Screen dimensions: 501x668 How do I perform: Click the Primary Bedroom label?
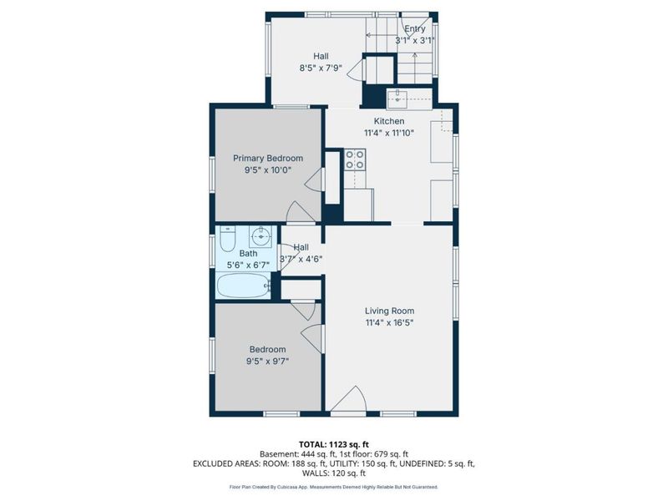(267, 158)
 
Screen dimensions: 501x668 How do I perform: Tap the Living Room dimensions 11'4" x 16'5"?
(389, 322)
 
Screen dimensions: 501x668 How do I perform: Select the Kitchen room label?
(389, 121)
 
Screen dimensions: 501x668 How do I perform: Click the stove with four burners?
(355, 159)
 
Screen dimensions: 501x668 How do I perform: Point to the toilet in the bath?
(227, 240)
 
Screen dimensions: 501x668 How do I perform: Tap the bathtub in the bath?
(243, 286)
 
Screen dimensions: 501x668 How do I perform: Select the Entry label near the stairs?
(415, 28)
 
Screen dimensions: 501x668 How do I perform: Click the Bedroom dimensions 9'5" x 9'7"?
(267, 362)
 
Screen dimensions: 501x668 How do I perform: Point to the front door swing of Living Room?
(348, 400)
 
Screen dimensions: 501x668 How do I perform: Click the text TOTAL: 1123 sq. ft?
(333, 443)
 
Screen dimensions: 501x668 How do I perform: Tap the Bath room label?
(248, 253)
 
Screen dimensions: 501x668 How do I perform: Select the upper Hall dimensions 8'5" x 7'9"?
(321, 68)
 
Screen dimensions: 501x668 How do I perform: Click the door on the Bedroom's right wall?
(311, 338)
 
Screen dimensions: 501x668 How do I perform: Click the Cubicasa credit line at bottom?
(333, 487)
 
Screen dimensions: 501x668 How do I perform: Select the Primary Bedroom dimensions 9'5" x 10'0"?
(267, 170)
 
